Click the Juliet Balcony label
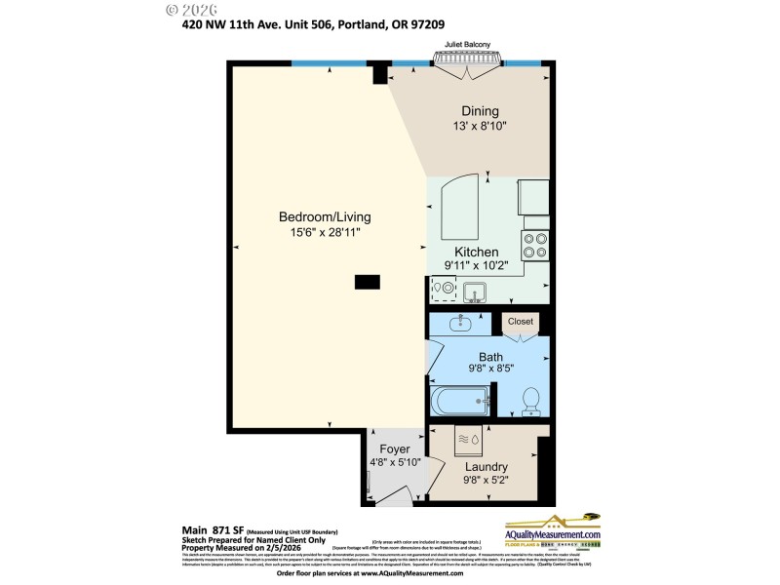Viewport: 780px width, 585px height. pos(467,45)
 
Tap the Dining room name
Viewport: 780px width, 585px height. pos(480,111)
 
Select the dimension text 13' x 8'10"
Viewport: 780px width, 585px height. pos(480,126)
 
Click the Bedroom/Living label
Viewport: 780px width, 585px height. pos(325,216)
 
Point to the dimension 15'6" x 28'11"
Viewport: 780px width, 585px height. pos(325,232)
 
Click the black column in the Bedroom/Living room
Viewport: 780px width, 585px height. pos(368,282)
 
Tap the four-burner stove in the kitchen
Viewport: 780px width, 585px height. pos(534,245)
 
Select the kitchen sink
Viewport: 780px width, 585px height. pos(475,291)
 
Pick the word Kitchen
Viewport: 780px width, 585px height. pos(477,252)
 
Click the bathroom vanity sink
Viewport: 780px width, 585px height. pos(459,323)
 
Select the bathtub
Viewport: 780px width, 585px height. pos(459,401)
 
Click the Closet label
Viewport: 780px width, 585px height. pos(521,321)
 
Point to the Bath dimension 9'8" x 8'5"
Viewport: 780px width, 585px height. pos(489,370)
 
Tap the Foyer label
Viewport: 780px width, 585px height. pos(395,449)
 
